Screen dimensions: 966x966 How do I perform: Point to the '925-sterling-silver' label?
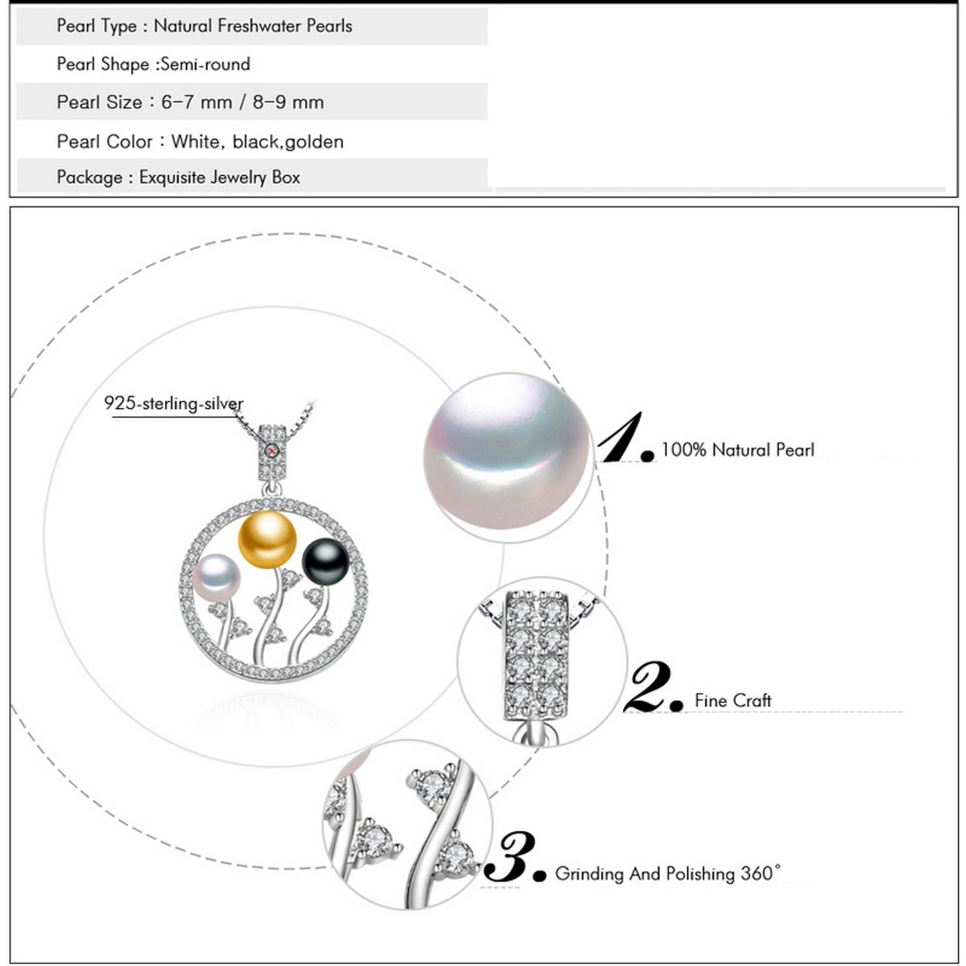click(174, 404)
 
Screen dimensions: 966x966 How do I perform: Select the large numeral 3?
click(512, 857)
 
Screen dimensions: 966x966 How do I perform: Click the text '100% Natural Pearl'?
click(737, 450)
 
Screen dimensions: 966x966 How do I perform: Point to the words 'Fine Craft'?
click(733, 700)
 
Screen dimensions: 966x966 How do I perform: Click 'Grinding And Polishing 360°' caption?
click(667, 873)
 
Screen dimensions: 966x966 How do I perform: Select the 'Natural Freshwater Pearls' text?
click(253, 26)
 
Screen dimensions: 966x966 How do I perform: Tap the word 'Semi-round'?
click(205, 64)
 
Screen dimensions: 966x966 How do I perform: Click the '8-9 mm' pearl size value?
click(288, 102)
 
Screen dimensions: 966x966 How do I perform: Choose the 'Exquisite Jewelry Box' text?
click(220, 178)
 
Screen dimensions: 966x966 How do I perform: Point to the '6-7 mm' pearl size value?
click(196, 102)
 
